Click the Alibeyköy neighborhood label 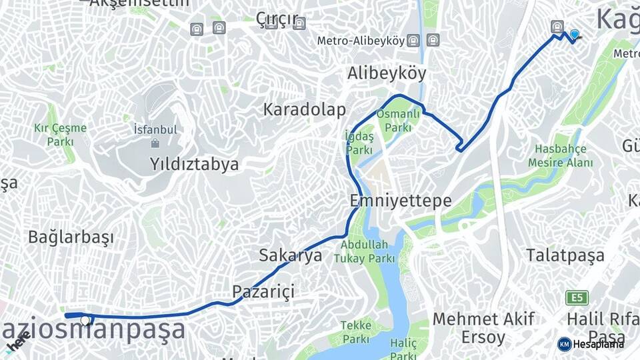pos(386,73)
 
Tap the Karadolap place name pos(304,109)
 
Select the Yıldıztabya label pos(194,164)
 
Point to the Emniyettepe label pos(400,201)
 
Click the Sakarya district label pos(290,255)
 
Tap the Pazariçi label pos(263,291)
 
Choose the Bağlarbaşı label pos(71,237)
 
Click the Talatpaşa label pos(565,255)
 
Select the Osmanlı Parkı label pos(398,120)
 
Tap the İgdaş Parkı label pos(359,143)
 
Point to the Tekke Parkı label pos(355,331)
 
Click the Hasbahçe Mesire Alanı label pos(560,155)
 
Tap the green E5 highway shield pos(575,297)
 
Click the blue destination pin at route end pos(574,33)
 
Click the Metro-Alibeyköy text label pos(361,41)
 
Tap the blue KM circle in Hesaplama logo pos(564,344)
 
